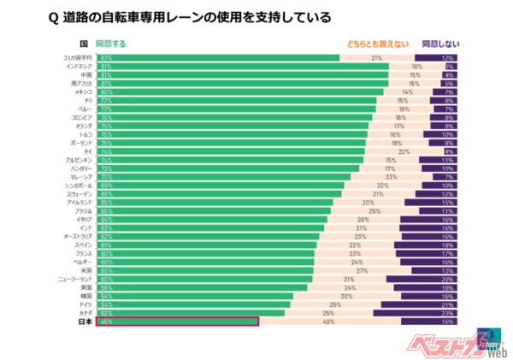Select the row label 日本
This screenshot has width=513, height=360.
(x=85, y=322)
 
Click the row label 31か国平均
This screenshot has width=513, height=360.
(x=79, y=58)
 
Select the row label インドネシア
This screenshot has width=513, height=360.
(x=79, y=67)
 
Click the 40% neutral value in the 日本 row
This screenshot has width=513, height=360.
(x=328, y=322)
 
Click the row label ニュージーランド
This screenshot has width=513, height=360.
(x=75, y=279)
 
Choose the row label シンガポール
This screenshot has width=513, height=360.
(x=78, y=185)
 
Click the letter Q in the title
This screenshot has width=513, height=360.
(x=54, y=17)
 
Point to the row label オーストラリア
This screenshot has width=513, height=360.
(x=77, y=236)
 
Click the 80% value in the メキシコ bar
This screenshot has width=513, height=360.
(x=105, y=92)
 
